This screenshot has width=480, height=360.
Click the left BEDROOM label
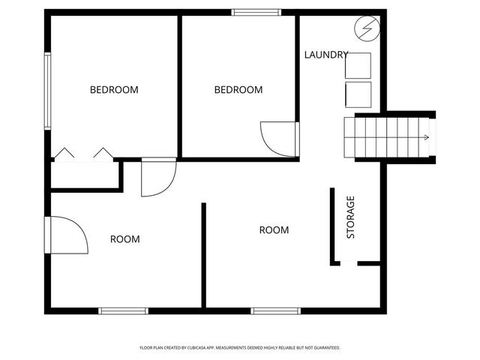[114, 90]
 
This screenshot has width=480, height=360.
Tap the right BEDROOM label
[238, 90]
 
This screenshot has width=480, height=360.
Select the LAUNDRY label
[326, 55]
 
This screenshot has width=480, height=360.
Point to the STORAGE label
[350, 217]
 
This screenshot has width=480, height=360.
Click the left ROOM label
[125, 239]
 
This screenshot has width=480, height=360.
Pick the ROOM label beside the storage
[274, 230]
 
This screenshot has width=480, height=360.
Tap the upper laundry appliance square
[358, 66]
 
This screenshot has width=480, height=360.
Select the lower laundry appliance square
[358, 94]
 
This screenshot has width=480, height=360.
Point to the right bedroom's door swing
[278, 139]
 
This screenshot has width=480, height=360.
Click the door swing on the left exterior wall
[67, 235]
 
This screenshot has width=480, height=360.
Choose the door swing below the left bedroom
[157, 178]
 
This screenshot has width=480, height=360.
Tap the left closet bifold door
[64, 154]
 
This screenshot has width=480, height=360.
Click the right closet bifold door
[103, 154]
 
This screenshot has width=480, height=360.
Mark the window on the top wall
[256, 12]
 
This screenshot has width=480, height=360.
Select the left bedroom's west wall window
[48, 90]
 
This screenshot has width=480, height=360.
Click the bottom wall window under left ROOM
[124, 310]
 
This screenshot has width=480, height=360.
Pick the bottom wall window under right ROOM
[275, 310]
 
